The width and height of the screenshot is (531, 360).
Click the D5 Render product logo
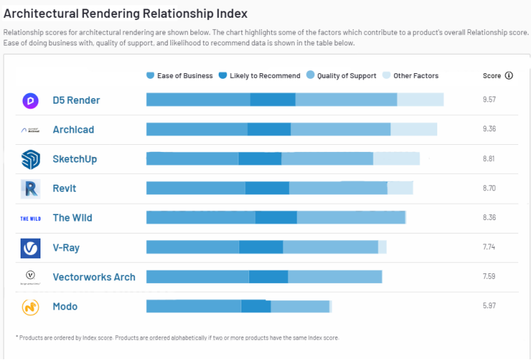click(31, 101)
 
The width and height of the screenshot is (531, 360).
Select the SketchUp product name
click(75, 159)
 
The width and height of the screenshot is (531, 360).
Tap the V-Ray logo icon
click(31, 248)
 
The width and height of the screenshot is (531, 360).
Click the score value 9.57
click(489, 100)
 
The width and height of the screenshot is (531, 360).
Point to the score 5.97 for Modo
click(489, 306)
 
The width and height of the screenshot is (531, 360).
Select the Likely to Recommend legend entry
click(259, 76)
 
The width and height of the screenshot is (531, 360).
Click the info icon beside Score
click(509, 75)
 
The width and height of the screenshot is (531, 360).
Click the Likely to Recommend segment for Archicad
click(269, 129)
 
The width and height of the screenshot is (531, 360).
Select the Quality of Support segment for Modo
click(300, 306)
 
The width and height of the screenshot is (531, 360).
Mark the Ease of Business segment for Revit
click(195, 188)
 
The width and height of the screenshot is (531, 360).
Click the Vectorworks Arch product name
click(94, 277)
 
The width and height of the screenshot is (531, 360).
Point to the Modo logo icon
click(31, 307)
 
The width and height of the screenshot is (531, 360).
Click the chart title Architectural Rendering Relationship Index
click(126, 14)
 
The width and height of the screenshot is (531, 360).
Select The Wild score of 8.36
click(489, 218)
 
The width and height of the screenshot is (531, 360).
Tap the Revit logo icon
click(31, 189)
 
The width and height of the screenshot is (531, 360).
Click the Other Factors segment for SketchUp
click(396, 158)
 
